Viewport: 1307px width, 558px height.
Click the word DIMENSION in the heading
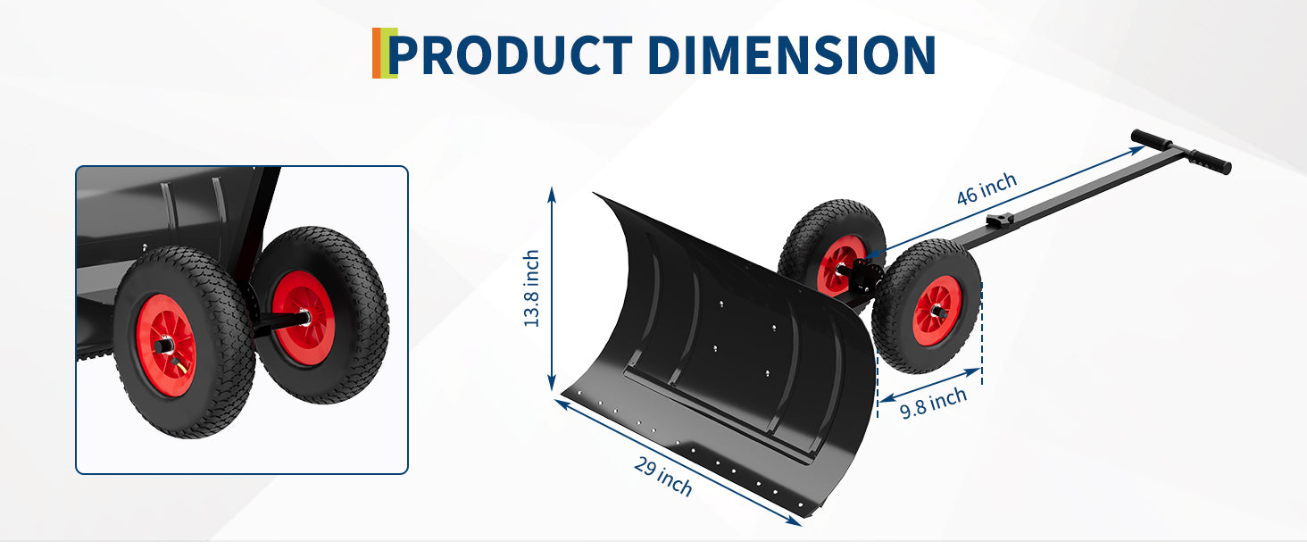792,54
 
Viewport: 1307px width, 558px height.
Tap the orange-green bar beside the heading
384,53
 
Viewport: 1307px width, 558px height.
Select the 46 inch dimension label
986,188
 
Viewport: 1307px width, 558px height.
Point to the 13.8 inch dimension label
531,288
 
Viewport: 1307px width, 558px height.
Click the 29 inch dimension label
662,476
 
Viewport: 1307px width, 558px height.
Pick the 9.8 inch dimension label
933,403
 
